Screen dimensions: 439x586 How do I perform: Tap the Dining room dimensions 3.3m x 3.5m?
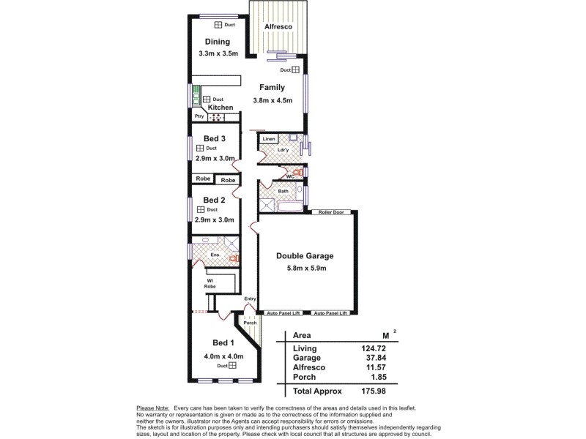[x=218, y=54]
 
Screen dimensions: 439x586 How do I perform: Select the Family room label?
[x=272, y=87]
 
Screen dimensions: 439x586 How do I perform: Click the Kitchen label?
[x=220, y=108]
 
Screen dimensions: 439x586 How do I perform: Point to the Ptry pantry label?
[x=199, y=116]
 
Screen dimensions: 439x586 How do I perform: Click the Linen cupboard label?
[x=268, y=138]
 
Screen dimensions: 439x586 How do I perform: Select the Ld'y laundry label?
[x=283, y=151]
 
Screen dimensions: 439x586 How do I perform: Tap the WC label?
[x=290, y=176]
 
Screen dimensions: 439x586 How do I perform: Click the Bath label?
[x=283, y=191]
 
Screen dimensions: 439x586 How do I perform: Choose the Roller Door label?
[x=332, y=213]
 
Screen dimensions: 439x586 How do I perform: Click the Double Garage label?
[x=305, y=256]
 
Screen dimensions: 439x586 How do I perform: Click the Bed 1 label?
[x=223, y=343]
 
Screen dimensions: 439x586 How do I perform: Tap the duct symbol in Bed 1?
[x=232, y=365]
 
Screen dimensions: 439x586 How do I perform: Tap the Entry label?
[x=251, y=299]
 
